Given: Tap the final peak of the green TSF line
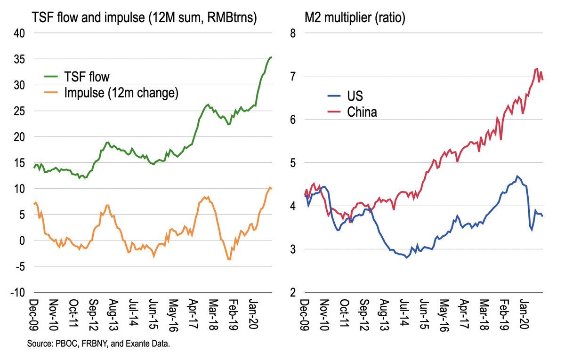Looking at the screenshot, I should tap(271, 57).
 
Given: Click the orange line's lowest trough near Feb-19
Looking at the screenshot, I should tap(229, 259).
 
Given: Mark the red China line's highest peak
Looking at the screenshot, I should tap(537, 69).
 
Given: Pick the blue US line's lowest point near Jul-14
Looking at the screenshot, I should tap(406, 258).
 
